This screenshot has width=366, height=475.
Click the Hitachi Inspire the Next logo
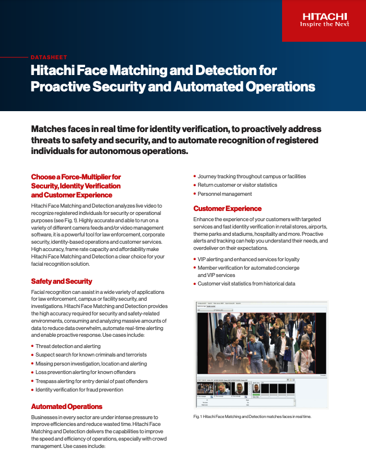click(324, 20)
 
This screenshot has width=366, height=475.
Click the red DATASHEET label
click(49, 57)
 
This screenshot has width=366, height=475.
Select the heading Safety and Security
click(61, 281)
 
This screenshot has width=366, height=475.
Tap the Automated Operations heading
click(66, 406)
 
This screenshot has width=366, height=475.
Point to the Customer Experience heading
click(227, 208)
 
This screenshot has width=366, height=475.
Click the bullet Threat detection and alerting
click(68, 346)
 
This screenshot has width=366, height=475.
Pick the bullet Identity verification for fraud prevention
click(79, 389)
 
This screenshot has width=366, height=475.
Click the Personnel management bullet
click(225, 193)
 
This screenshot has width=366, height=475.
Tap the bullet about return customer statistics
click(237, 185)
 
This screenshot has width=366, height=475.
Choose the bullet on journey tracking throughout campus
click(252, 177)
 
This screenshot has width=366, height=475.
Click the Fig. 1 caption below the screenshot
click(252, 416)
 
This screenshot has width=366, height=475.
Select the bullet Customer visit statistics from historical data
click(246, 283)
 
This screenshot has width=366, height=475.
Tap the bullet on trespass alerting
click(92, 381)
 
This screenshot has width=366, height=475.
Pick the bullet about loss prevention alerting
click(85, 372)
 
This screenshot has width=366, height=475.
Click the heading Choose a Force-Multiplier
click(76, 177)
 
